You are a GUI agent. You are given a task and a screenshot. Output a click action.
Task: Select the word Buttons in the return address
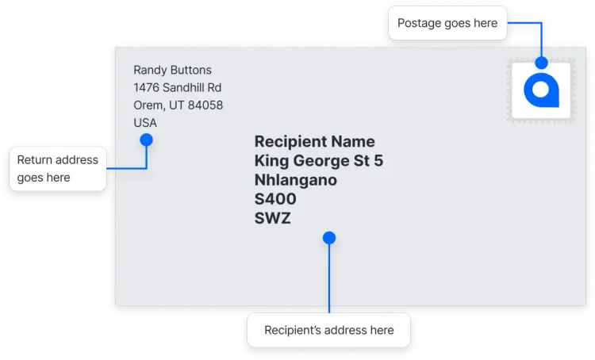pos(191,70)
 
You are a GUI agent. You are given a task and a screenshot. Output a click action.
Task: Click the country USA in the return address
pos(145,123)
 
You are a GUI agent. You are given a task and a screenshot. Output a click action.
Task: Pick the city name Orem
pos(148,105)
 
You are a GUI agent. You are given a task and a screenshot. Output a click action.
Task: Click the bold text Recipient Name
pos(315,142)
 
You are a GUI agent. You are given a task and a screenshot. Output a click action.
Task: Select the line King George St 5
pos(319,161)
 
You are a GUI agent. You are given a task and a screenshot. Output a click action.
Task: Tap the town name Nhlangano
pos(296,180)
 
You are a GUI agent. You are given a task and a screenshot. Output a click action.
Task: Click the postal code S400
pos(275,199)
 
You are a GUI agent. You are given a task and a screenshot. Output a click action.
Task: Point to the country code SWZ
pos(272,218)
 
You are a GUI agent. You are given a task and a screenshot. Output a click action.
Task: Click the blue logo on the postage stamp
pos(542,90)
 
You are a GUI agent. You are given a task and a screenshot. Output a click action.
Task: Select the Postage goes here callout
pos(447,23)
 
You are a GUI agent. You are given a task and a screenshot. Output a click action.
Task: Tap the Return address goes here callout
pos(58,168)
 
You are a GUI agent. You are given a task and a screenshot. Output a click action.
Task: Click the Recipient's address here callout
pos(328,330)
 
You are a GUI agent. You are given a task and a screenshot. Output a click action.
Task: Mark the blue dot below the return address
pos(146,140)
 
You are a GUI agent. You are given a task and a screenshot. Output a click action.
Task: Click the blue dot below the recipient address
pos(329,238)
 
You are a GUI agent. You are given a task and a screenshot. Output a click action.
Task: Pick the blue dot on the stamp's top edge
pos(542,63)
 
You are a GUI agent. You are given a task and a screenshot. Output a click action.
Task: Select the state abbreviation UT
pos(176,105)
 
